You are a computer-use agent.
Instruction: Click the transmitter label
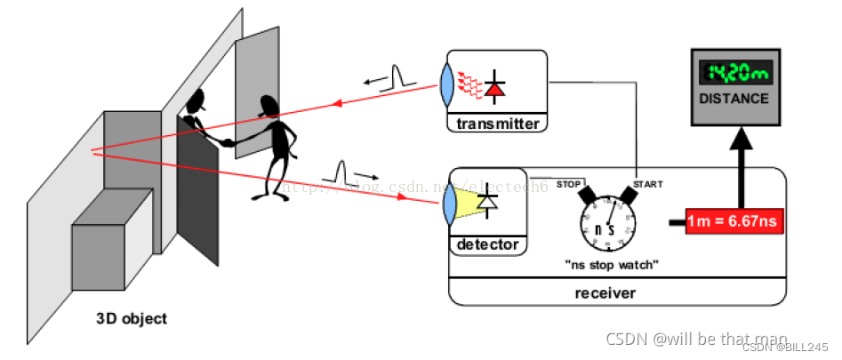click(x=497, y=124)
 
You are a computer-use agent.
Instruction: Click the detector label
click(x=486, y=244)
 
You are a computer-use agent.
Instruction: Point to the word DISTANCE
click(x=734, y=99)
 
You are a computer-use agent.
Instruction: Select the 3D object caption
click(x=131, y=318)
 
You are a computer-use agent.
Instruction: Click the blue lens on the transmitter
click(x=448, y=85)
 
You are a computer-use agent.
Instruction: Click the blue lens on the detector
click(x=450, y=204)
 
